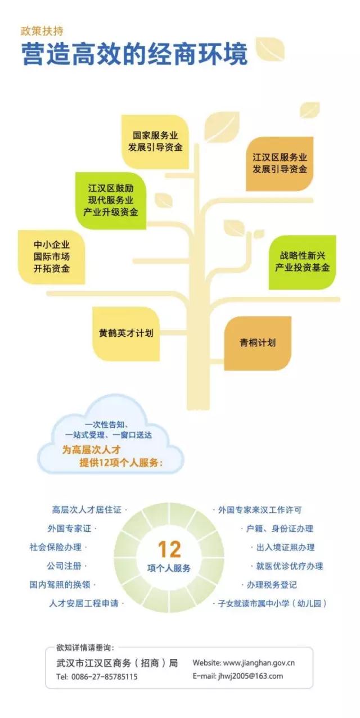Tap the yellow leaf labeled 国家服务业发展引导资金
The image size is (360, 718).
pyautogui.click(x=155, y=142)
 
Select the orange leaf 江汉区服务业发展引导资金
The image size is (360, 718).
pyautogui.click(x=280, y=163)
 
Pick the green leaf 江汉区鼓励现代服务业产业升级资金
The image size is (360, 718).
pyautogui.click(x=110, y=200)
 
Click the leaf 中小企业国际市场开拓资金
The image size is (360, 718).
pyautogui.click(x=51, y=256)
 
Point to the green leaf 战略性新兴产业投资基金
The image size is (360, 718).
pyautogui.click(x=302, y=261)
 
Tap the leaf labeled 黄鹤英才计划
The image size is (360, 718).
pyautogui.click(x=125, y=333)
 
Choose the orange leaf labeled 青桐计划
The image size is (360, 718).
pyautogui.click(x=258, y=342)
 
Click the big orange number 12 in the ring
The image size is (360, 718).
pyautogui.click(x=169, y=549)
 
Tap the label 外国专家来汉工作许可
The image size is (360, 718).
pyautogui.click(x=260, y=510)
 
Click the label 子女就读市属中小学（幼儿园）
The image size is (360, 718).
pyautogui.click(x=272, y=603)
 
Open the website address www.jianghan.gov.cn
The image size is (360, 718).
pyautogui.click(x=259, y=663)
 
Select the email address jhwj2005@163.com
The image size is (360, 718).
pyautogui.click(x=250, y=676)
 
